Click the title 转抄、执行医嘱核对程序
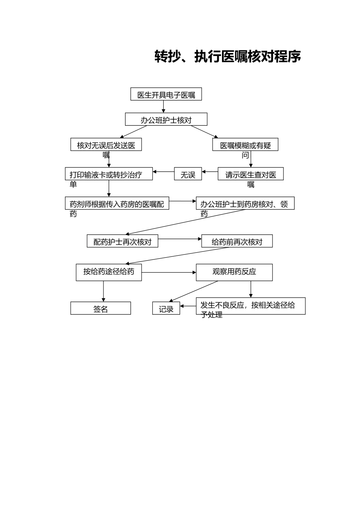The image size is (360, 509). point(227,56)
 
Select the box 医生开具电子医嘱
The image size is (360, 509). point(166,94)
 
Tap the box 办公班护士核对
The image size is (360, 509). point(166,119)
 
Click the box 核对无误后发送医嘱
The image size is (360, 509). point(106,145)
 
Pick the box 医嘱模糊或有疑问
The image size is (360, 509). point(245,145)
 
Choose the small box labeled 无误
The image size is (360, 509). point(188,174)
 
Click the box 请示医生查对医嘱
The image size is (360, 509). point(250,174)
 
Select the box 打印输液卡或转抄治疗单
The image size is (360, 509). point(109,174)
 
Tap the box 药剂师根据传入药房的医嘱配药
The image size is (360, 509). point(117,203)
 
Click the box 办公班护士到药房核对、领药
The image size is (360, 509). point(245,203)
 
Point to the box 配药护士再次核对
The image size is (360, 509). point(122,241)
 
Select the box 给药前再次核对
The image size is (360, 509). point(237,241)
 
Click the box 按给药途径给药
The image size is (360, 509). point(109,272)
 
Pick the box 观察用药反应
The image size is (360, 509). point(234,272)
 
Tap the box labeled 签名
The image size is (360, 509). point(100,308)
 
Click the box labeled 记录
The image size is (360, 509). point(166,308)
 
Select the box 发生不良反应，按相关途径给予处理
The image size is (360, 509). point(250,306)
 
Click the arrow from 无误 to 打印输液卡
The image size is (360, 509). point(163,172)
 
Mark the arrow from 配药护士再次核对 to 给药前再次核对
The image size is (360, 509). point(180,239)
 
